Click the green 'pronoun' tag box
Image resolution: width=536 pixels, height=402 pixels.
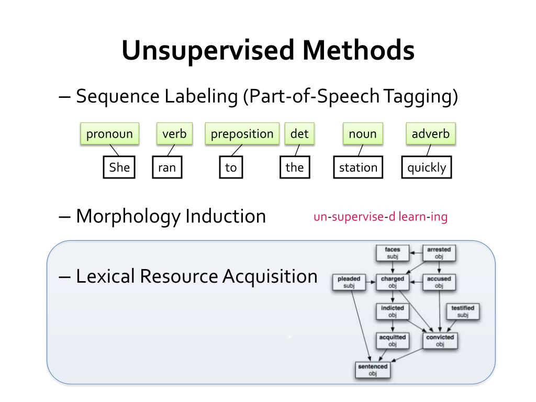tap(109, 134)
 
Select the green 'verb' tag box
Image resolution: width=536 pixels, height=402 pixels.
tap(174, 134)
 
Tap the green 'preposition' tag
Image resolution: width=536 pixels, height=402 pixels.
tap(242, 134)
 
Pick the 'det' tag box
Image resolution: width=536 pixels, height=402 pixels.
tap(299, 134)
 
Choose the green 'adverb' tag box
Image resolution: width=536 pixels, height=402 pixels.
tap(430, 134)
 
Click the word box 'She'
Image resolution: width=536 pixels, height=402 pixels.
tap(119, 167)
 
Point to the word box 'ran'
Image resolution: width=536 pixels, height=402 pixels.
tap(166, 167)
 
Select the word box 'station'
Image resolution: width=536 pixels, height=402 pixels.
tap(358, 167)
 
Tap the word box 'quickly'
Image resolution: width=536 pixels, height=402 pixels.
tap(427, 167)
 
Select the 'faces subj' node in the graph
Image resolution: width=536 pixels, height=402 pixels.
tap(392, 253)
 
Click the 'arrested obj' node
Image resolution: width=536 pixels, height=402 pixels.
tap(439, 253)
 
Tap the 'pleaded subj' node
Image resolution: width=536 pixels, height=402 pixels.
tap(349, 283)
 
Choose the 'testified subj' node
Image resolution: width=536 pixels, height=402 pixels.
tap(462, 311)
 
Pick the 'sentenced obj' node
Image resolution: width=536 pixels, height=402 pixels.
tap(372, 370)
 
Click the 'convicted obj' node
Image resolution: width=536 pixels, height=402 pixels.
tap(440, 341)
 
